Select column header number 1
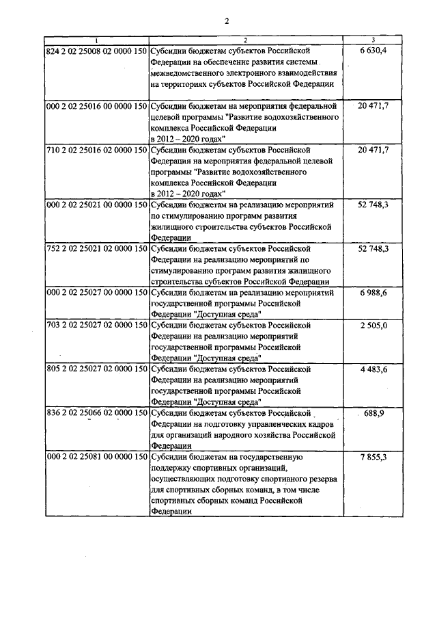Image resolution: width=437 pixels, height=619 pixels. click(96, 41)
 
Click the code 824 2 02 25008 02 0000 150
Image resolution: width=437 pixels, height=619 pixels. click(96, 51)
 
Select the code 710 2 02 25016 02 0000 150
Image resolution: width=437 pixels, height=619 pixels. click(96, 150)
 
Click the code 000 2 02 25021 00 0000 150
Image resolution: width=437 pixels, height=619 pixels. click(96, 205)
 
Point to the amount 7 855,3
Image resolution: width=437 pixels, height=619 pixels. click(373, 457)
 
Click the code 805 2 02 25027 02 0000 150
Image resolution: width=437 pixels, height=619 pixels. click(96, 369)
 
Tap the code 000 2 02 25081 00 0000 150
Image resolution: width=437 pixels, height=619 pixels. click(96, 457)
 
